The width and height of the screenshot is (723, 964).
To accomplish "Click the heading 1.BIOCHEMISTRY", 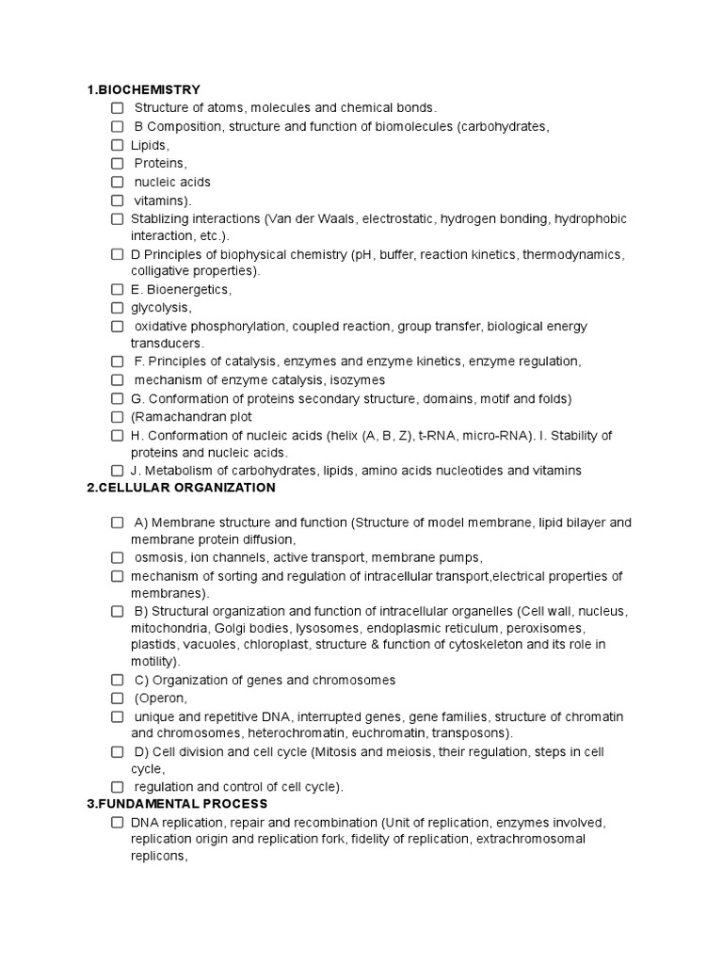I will point(143,90).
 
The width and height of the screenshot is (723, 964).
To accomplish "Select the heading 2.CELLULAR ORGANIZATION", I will point(181,488).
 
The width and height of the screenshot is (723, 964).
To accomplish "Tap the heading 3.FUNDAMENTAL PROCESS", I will point(177,804).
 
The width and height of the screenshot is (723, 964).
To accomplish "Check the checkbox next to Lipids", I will point(118,145).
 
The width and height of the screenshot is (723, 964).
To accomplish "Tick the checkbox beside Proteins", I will point(118,164).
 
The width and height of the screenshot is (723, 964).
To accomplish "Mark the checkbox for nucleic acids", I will point(118,182).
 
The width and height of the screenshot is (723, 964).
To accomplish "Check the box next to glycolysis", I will point(118,308).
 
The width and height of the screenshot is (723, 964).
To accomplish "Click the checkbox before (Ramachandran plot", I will point(118,417).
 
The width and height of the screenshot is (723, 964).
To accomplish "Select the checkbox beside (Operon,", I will point(118,699).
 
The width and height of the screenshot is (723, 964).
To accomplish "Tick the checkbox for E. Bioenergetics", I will point(118,290).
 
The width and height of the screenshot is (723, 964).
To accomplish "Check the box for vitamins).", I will point(118,201).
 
